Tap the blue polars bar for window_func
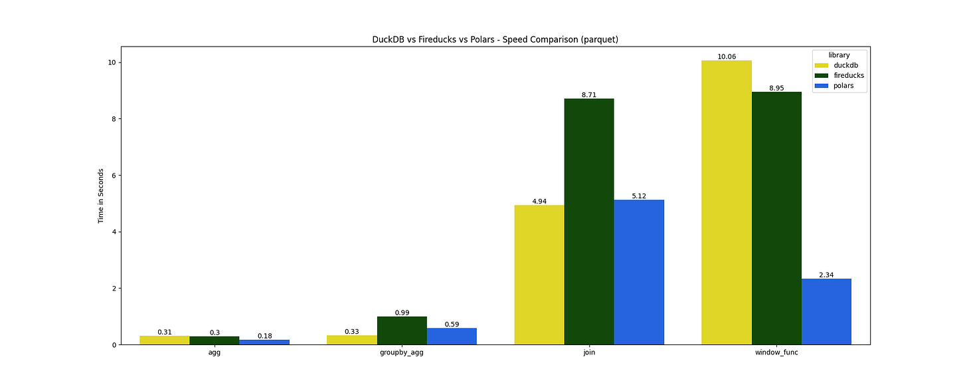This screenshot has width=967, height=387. [826, 311]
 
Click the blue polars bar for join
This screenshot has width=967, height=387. [639, 272]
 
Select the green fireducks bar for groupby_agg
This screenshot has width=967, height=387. [402, 330]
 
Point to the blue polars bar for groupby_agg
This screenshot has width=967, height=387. [452, 336]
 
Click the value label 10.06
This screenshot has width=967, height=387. [727, 57]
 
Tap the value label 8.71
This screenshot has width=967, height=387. [589, 94]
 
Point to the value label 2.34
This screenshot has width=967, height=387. [826, 275]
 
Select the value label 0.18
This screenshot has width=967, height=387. [264, 336]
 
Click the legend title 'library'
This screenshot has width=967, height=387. [839, 55]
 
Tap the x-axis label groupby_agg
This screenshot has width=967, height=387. [402, 352]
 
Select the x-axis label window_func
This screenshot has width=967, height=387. [776, 352]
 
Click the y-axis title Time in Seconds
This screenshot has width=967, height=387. [101, 195]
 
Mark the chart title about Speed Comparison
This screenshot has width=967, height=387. [495, 39]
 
